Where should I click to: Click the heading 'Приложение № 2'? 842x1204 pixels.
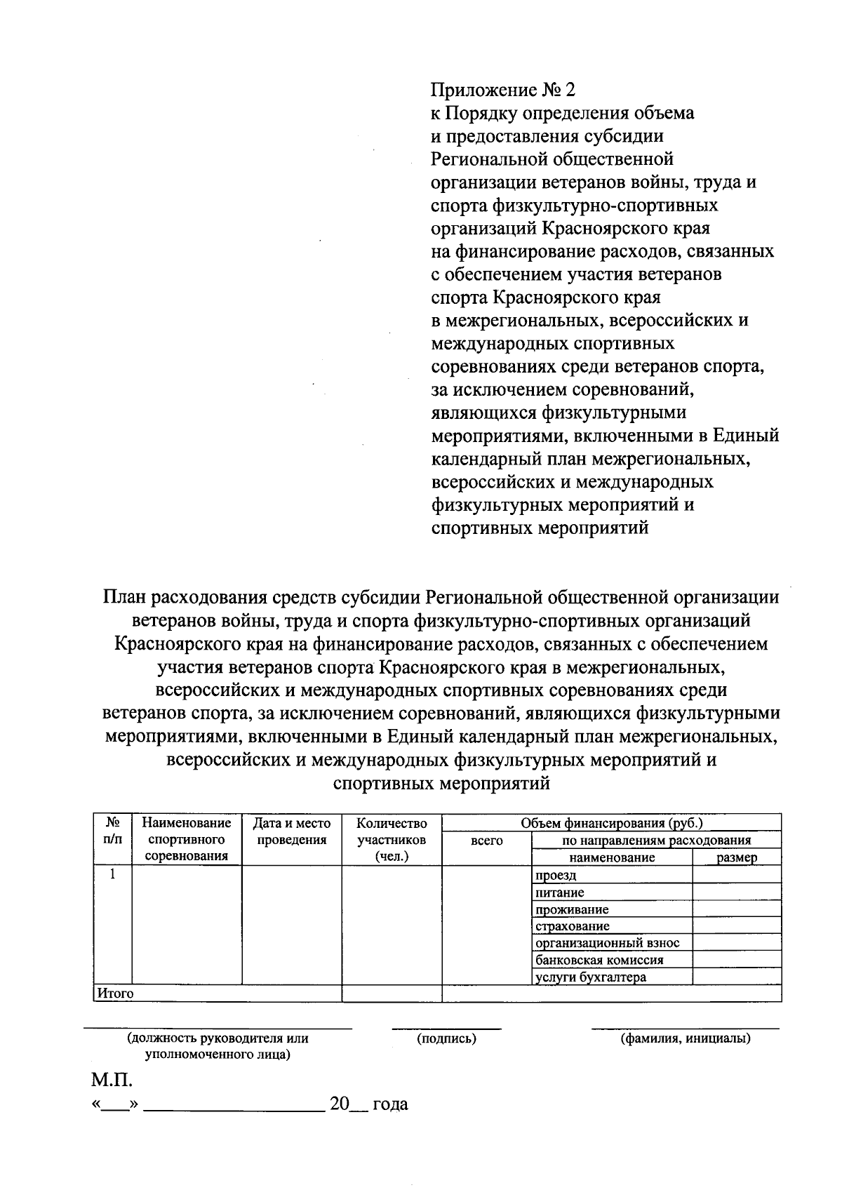(502, 91)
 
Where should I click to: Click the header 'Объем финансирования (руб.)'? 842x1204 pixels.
(611, 823)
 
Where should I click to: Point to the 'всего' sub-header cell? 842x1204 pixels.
(487, 841)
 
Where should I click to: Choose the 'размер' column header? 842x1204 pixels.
(737, 857)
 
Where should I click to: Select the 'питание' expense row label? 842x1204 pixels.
(559, 892)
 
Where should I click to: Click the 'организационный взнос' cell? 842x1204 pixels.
(607, 943)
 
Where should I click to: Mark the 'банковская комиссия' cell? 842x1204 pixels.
(599, 960)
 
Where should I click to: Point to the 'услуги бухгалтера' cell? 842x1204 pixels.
(590, 977)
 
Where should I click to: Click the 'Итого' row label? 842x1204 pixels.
(115, 994)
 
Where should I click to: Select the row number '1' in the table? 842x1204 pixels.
(112, 874)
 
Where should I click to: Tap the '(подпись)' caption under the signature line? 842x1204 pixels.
(446, 1039)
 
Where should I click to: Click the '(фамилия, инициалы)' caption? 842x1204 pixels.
(685, 1039)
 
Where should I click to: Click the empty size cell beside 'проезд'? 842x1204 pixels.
(737, 874)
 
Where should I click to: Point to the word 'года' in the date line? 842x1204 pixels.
(390, 1105)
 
